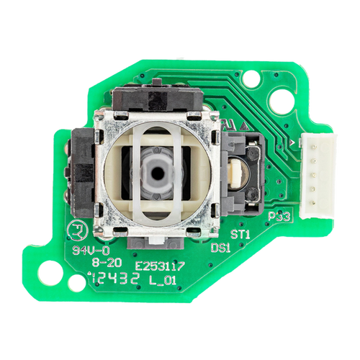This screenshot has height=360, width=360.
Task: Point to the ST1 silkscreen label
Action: [x=240, y=235]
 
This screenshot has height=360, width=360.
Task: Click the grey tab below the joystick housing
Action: [x=156, y=243]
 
